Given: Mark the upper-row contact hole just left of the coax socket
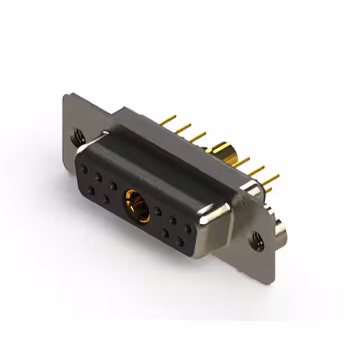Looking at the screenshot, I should pos(112,184).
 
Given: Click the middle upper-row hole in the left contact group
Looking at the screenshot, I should pos(98,177).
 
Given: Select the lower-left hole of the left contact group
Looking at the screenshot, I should pos(91,191).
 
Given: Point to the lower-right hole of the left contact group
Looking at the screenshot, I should pos(106,199).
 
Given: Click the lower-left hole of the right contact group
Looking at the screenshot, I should pos(166,232).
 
